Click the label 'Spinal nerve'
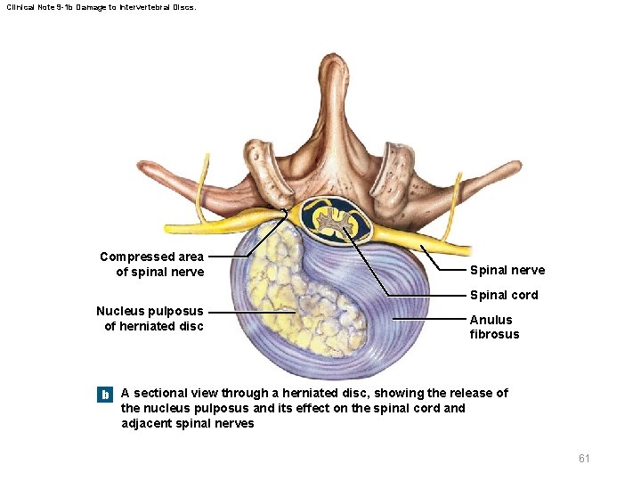(x=507, y=270)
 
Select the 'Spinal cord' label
(x=504, y=295)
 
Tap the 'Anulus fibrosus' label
(x=494, y=327)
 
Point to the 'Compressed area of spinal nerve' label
(x=152, y=265)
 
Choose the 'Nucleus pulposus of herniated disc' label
(x=150, y=318)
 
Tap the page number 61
(x=584, y=458)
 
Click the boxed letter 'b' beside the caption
(x=105, y=394)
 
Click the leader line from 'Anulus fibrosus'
(x=427, y=319)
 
